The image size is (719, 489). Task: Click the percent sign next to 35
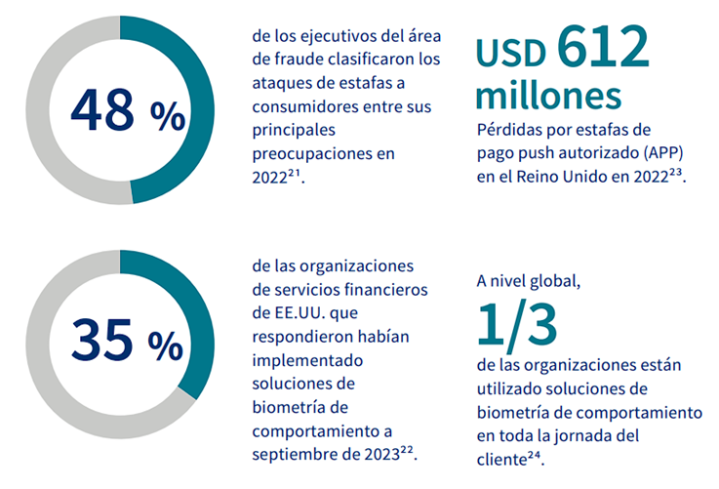coord(167,344)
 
